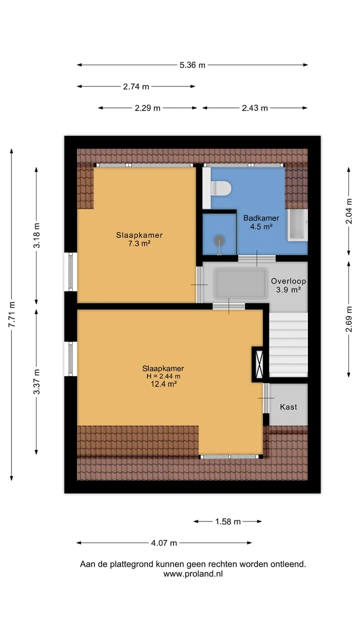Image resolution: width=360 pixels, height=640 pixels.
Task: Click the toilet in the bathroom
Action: pyautogui.click(x=220, y=188)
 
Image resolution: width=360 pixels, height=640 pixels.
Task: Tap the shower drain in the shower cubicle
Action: pyautogui.click(x=219, y=239)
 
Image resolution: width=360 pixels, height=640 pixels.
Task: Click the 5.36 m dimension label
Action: pyautogui.click(x=192, y=65)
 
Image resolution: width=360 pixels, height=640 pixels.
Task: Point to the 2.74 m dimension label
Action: pyautogui.click(x=136, y=86)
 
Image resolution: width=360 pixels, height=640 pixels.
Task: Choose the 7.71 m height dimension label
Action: pyautogui.click(x=11, y=314)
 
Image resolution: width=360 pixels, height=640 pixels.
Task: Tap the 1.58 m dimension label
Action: pyautogui.click(x=227, y=521)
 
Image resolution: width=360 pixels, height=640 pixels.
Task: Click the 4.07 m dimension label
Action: pyautogui.click(x=164, y=543)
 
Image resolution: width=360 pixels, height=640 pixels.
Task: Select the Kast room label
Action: pyautogui.click(x=288, y=407)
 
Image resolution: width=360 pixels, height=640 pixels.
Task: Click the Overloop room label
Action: pyautogui.click(x=288, y=281)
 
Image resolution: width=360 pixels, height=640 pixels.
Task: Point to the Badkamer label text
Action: pyautogui.click(x=261, y=218)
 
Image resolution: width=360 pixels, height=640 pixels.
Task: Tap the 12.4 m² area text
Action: pyautogui.click(x=163, y=383)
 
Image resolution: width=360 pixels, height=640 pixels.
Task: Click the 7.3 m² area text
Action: pyautogui.click(x=139, y=243)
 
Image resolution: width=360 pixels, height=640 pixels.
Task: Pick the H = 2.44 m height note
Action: pyautogui.click(x=163, y=376)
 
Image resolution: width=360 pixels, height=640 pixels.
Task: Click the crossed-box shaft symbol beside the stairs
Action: pyautogui.click(x=259, y=364)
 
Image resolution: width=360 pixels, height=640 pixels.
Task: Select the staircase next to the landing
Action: pyautogui.click(x=288, y=344)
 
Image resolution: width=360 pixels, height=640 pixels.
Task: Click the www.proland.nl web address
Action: pyautogui.click(x=193, y=573)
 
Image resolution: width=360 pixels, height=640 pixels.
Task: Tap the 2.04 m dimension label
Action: pyautogui.click(x=349, y=211)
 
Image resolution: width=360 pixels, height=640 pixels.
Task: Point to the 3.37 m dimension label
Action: pyautogui.click(x=36, y=381)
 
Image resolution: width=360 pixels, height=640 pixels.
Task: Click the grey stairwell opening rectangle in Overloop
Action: pyautogui.click(x=240, y=283)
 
